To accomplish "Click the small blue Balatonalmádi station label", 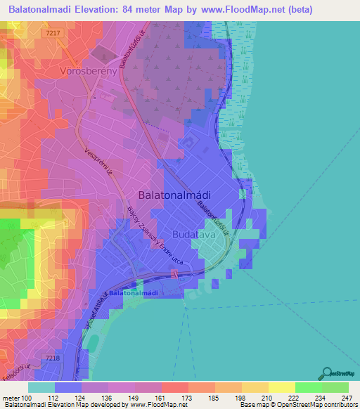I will (x=133, y=292).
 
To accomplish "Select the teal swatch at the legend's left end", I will (x=41, y=387).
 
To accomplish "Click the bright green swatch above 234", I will (x=308, y=387).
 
